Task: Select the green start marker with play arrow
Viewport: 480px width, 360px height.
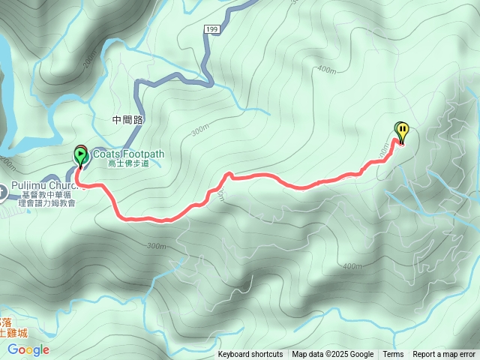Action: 80,156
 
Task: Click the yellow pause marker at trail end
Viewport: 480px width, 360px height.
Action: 403,132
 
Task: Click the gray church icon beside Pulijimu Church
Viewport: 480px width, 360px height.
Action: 2,192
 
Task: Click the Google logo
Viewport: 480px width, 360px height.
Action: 28,349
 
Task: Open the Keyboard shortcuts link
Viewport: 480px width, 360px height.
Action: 250,355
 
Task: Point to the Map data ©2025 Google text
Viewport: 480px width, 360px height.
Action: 332,355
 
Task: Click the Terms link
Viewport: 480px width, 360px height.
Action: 393,355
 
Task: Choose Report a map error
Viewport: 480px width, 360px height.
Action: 444,355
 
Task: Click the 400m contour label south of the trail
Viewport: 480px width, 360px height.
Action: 351,266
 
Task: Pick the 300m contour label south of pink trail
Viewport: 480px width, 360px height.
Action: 157,246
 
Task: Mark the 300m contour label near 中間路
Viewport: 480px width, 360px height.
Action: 199,130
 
